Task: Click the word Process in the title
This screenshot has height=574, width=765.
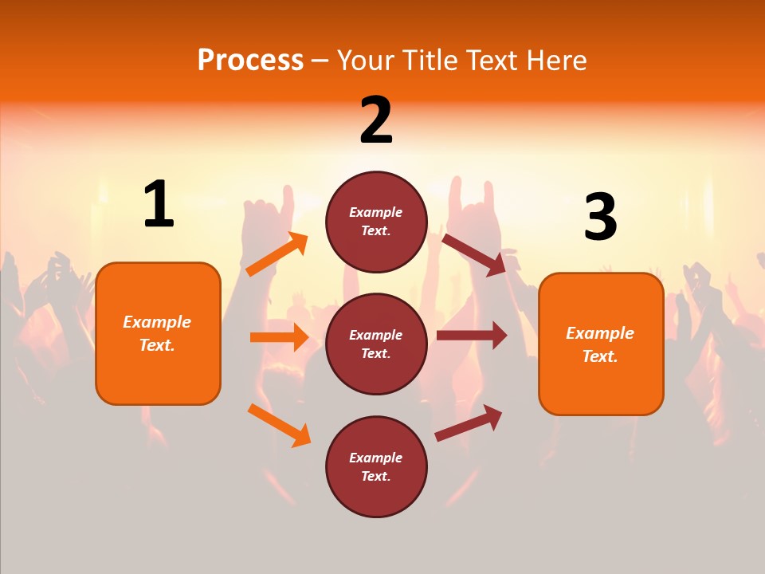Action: tap(250, 61)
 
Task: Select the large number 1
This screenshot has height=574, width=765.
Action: tap(159, 205)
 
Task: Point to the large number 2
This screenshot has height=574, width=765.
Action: tap(376, 120)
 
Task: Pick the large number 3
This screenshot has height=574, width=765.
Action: tap(600, 218)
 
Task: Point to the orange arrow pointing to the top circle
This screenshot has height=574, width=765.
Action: tap(277, 255)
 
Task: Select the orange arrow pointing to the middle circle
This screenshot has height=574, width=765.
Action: tap(279, 337)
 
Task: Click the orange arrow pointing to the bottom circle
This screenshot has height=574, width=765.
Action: tap(279, 425)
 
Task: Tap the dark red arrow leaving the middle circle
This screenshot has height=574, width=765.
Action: tap(472, 336)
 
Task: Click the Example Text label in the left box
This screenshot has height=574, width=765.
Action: tap(157, 333)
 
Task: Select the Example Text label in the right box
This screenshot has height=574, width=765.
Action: tap(600, 344)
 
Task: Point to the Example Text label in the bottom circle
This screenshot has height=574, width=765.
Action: tap(376, 467)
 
